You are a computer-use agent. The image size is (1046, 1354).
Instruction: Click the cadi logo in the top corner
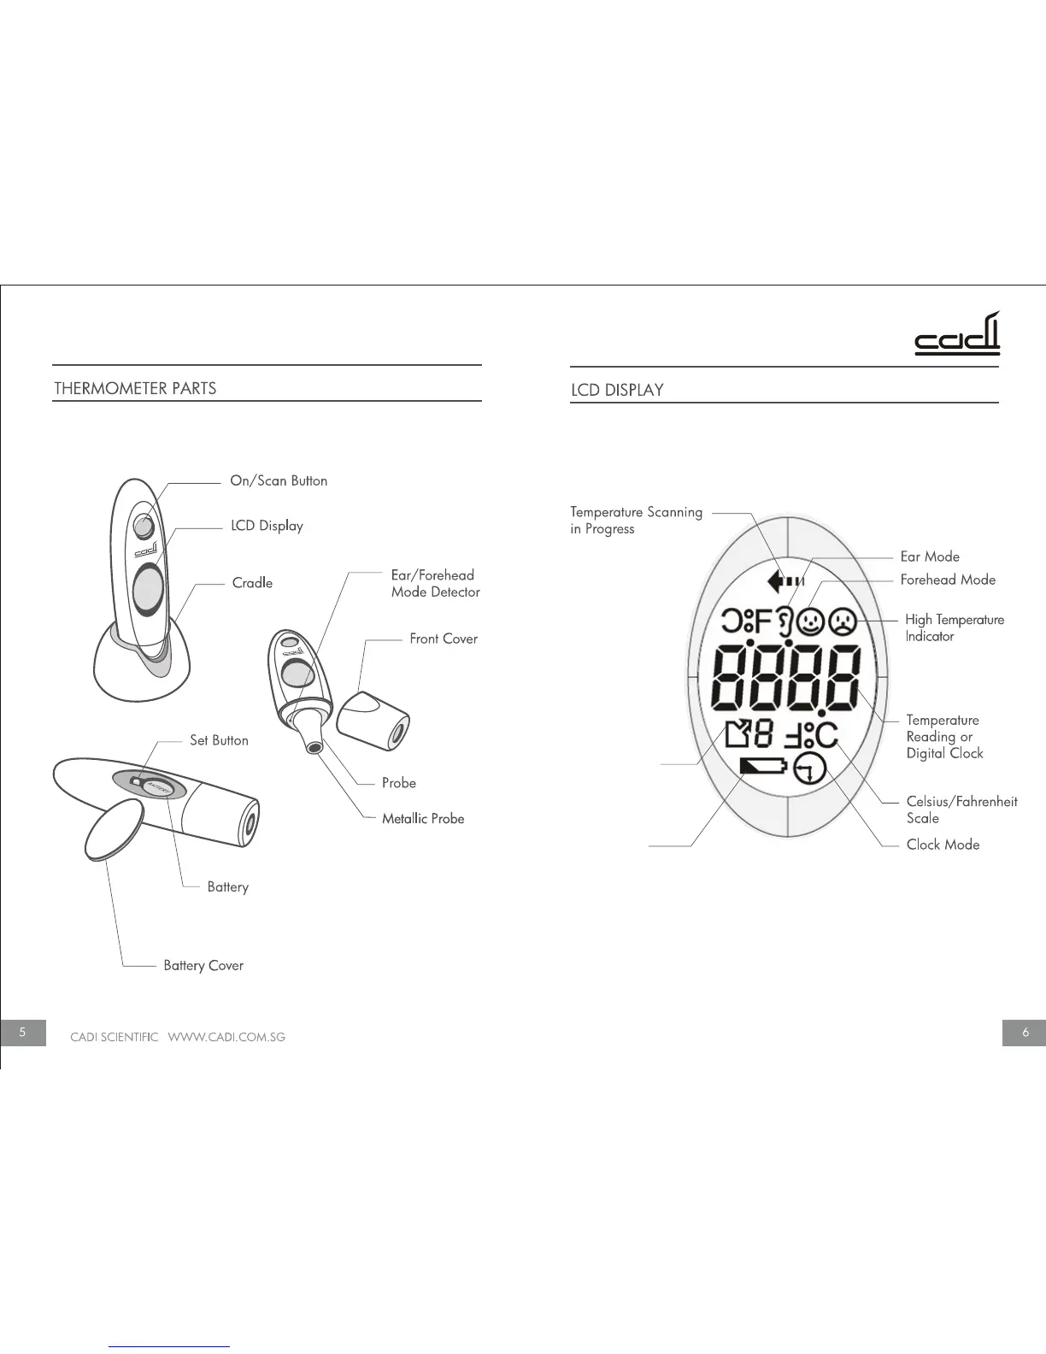point(957,335)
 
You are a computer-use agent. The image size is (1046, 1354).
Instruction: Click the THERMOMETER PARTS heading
point(135,388)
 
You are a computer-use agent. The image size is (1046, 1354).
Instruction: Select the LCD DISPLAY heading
point(617,390)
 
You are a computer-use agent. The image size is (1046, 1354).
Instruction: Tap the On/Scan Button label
point(279,480)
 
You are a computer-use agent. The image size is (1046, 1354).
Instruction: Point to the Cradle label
point(252,583)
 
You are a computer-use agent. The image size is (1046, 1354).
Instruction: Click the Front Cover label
point(444,639)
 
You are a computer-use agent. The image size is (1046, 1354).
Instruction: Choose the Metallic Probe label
point(423,818)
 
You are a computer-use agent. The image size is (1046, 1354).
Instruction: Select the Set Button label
point(219,740)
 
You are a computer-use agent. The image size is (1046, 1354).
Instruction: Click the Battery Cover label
point(203,965)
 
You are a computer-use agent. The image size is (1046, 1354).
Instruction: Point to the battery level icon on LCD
point(761,766)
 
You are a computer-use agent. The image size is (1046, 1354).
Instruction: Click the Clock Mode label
point(943,845)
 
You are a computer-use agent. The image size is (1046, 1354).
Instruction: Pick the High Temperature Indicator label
point(954,627)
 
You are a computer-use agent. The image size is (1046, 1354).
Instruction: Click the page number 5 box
point(23,1032)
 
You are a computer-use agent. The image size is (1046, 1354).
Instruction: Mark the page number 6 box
point(1025,1032)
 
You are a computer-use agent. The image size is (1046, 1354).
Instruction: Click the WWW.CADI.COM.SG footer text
point(226,1037)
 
